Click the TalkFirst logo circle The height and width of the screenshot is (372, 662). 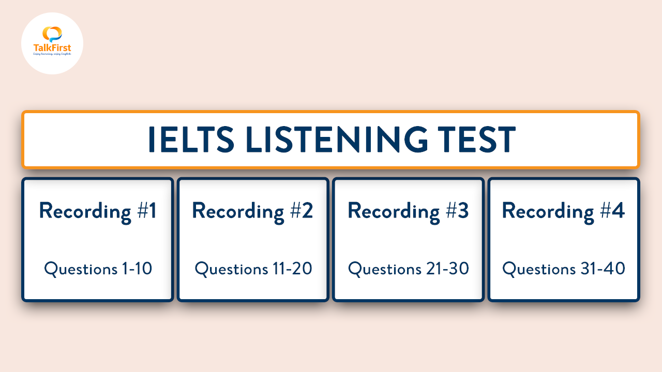(52, 43)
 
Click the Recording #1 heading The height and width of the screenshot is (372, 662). (98, 212)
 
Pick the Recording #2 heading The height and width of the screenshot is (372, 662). (253, 212)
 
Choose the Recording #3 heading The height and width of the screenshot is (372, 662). (408, 212)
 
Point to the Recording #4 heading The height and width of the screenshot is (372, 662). (564, 212)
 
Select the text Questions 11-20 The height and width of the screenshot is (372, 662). (253, 269)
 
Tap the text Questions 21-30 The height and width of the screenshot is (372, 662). (409, 269)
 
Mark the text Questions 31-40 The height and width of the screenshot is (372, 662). (564, 269)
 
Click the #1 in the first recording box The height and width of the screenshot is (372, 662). (146, 211)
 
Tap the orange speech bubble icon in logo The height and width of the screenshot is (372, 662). (52, 34)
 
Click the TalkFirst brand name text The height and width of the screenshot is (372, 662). (52, 48)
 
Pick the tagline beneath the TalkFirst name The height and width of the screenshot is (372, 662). (52, 54)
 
